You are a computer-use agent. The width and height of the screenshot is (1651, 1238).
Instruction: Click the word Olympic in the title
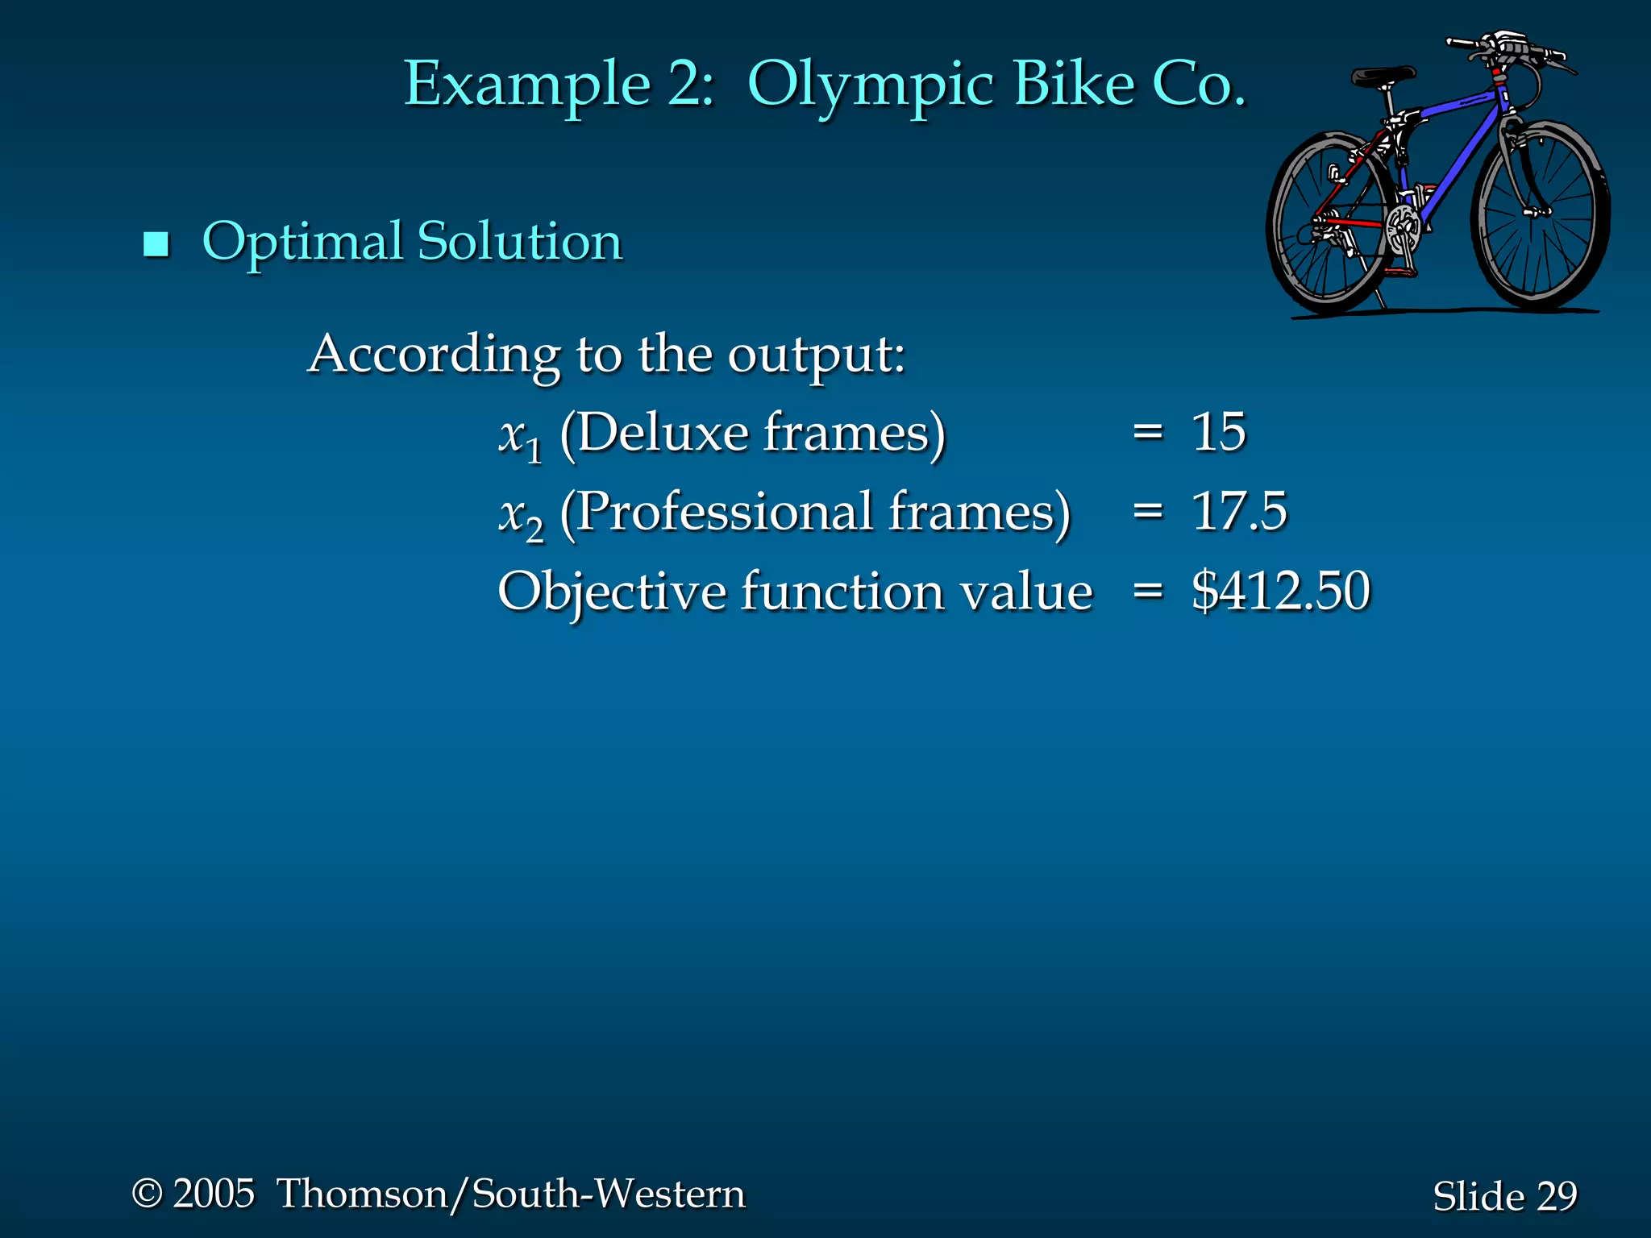(871, 85)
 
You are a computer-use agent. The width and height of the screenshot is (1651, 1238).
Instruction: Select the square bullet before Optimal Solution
(156, 243)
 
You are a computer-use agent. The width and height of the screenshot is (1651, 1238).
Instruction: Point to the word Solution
(520, 242)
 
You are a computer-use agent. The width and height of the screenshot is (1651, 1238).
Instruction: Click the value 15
(1218, 432)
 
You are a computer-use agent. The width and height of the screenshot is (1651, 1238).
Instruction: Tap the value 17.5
(1239, 511)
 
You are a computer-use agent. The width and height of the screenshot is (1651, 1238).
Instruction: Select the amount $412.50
(1280, 591)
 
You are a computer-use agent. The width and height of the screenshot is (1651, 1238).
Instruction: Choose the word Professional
(726, 513)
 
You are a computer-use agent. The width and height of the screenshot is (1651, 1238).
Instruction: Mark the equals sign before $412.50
(1148, 591)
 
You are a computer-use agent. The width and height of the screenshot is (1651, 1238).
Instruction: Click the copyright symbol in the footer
(148, 1194)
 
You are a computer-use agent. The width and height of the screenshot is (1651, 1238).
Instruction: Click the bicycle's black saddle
(1382, 77)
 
